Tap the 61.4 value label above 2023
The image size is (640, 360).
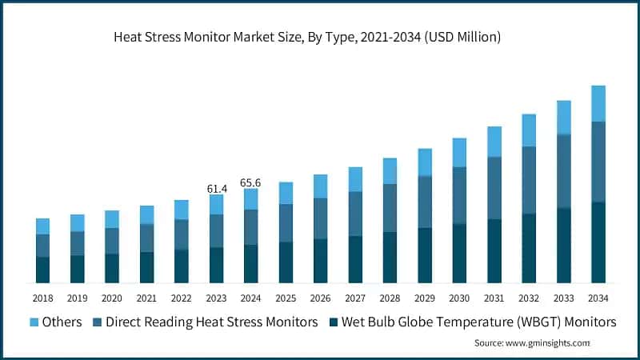(217, 188)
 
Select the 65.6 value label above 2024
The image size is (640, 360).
(251, 182)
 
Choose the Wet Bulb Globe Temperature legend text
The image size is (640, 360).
(478, 322)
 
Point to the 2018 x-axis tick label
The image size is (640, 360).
(42, 298)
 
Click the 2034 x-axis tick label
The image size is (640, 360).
(598, 298)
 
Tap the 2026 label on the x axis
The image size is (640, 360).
(320, 298)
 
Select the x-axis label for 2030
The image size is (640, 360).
(459, 298)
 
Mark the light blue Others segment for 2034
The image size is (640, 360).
(598, 103)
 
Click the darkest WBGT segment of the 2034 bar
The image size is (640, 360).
(598, 242)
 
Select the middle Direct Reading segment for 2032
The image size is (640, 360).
(528, 180)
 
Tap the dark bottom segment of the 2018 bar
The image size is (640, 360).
(42, 270)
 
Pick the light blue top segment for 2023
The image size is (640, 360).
(216, 204)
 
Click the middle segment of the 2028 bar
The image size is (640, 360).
(390, 208)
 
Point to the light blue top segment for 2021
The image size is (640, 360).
(146, 214)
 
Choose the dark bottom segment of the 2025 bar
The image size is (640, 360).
(286, 262)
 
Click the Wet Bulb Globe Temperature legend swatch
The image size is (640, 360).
(334, 322)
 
